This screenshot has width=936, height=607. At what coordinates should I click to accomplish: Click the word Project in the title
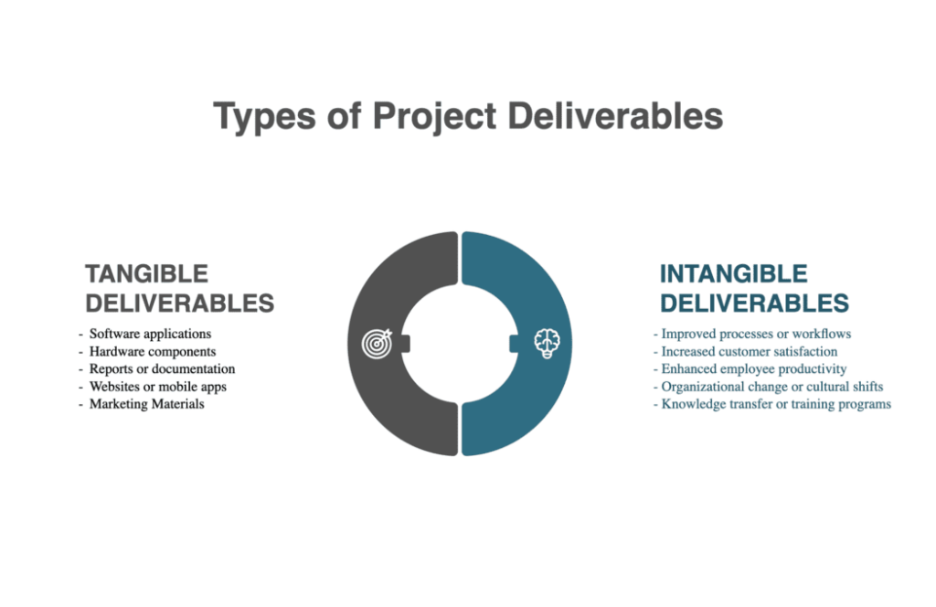click(434, 116)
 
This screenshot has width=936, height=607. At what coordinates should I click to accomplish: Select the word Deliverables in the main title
click(615, 115)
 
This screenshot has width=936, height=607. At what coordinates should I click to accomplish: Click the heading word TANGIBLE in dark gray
click(147, 274)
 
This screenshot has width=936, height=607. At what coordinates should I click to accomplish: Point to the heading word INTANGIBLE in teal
click(734, 274)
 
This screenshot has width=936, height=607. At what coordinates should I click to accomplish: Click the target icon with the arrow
click(378, 343)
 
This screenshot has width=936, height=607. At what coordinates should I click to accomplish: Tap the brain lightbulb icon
click(547, 343)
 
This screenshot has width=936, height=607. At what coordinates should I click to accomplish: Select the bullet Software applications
click(151, 334)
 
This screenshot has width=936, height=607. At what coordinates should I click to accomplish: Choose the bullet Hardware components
click(153, 352)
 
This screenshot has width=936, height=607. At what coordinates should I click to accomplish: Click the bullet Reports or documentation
click(163, 368)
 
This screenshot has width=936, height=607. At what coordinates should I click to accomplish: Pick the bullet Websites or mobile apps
click(158, 387)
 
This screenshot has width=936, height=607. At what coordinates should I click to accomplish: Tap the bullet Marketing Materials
click(147, 404)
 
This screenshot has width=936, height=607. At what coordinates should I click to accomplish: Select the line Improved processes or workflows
click(756, 334)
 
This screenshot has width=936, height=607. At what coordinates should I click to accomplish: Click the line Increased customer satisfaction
click(750, 352)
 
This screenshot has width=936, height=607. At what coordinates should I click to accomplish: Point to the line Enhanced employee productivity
click(754, 368)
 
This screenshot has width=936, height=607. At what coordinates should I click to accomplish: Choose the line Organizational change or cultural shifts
click(771, 387)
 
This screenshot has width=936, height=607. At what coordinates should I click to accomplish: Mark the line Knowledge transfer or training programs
click(776, 404)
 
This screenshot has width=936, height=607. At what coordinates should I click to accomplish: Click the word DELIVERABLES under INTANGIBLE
click(754, 303)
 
